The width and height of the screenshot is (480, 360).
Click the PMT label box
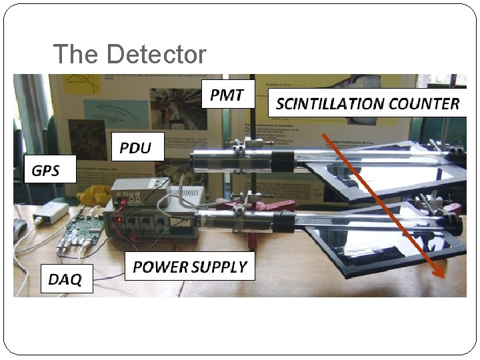pos(227,95)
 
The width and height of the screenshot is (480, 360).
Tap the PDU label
pos(135,147)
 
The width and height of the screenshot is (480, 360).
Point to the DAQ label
pos(65,279)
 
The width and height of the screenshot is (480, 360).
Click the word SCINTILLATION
pos(329,104)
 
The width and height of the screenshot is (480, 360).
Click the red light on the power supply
pos(119,219)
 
